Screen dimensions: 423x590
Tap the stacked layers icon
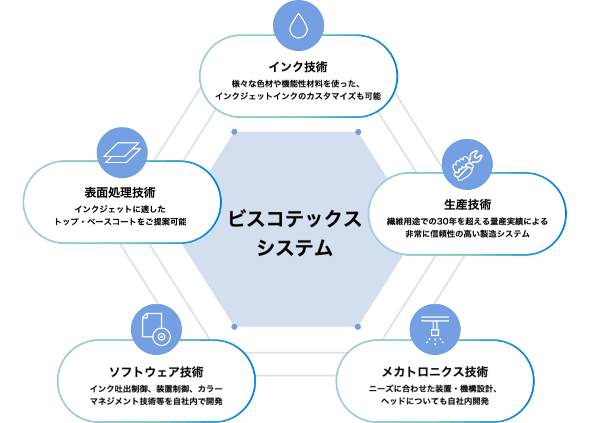(x=122, y=152)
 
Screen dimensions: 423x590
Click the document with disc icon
(x=155, y=329)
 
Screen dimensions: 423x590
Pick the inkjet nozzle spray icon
(x=435, y=329)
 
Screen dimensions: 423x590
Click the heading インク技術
(x=298, y=65)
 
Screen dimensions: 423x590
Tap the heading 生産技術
(x=467, y=205)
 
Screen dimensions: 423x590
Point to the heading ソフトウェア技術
(x=156, y=371)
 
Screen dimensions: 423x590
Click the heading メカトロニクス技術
(x=435, y=372)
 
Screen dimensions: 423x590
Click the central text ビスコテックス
(x=295, y=218)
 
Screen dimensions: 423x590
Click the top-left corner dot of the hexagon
(x=234, y=131)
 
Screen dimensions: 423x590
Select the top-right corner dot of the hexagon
(x=358, y=131)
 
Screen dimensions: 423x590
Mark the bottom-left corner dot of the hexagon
(x=234, y=326)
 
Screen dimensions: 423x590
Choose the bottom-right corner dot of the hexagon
(x=358, y=326)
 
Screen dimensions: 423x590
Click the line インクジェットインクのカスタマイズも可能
(x=298, y=96)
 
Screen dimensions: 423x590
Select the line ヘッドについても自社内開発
(x=435, y=402)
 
